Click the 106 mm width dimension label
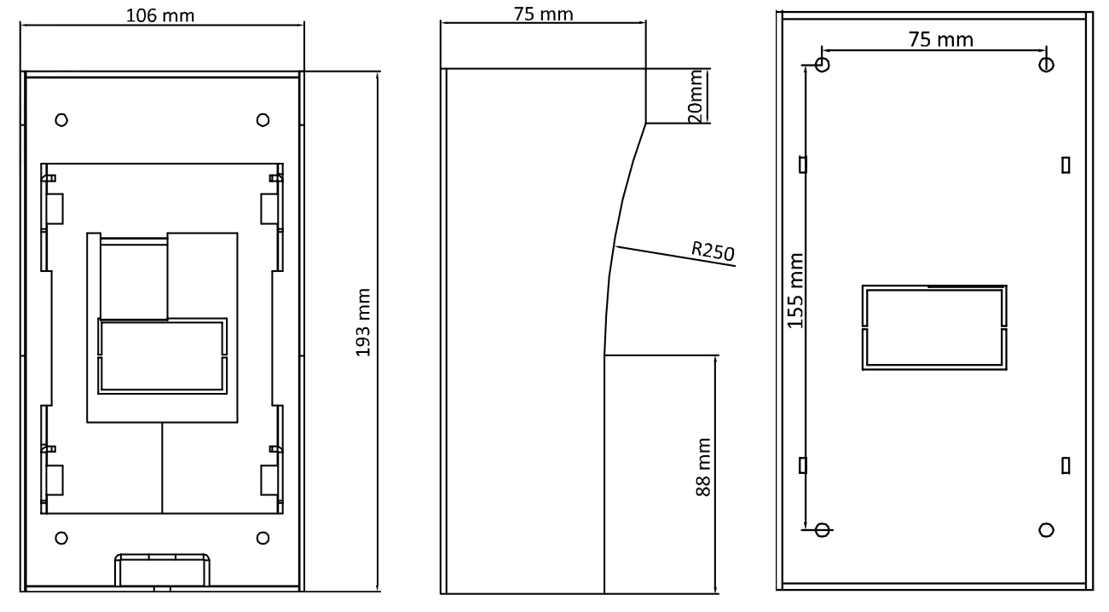[160, 15]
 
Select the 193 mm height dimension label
[363, 322]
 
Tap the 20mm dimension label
[696, 96]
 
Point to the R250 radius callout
[713, 251]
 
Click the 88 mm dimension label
[703, 467]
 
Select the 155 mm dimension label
[795, 291]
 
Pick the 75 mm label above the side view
[543, 14]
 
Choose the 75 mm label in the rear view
[941, 39]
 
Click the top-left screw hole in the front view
[61, 120]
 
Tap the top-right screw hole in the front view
[263, 120]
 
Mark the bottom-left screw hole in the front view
[61, 538]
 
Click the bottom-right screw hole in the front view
[263, 538]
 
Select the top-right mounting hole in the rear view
[1046, 65]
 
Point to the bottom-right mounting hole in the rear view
[1046, 530]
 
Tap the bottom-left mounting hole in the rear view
[823, 530]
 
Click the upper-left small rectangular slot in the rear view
[803, 165]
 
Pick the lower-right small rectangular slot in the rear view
[1066, 466]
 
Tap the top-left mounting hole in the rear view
[823, 65]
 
